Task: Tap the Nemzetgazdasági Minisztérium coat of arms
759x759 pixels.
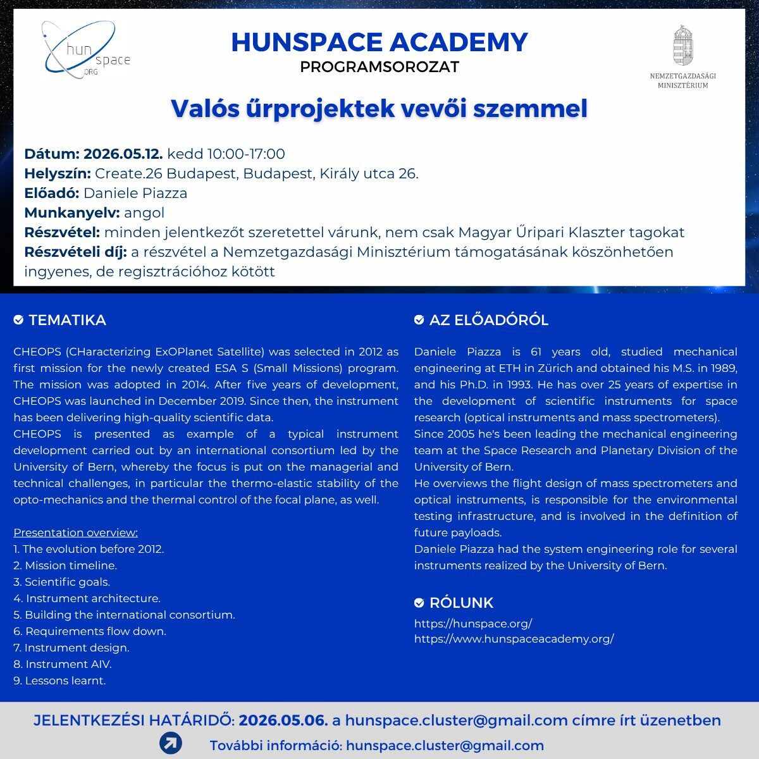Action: (682, 46)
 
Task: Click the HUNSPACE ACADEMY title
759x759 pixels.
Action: (379, 42)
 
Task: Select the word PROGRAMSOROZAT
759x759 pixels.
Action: (379, 67)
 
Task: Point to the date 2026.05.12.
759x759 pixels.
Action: (123, 154)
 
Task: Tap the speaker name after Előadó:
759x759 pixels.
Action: (135, 193)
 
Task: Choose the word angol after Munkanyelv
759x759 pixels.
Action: (144, 213)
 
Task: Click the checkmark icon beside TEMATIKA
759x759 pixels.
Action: (18, 320)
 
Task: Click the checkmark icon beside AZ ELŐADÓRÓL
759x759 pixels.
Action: (419, 320)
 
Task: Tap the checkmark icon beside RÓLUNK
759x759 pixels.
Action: (419, 603)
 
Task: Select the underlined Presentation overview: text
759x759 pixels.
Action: (75, 533)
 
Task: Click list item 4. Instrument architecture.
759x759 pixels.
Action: (87, 598)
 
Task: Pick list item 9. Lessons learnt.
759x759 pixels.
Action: (59, 681)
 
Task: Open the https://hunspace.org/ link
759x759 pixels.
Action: (473, 623)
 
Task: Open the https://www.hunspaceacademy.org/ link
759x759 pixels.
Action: (514, 639)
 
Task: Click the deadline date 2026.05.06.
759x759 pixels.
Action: (283, 720)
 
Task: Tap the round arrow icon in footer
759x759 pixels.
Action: (170, 743)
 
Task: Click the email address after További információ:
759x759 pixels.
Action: (445, 746)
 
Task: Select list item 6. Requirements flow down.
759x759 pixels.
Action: (90, 631)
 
